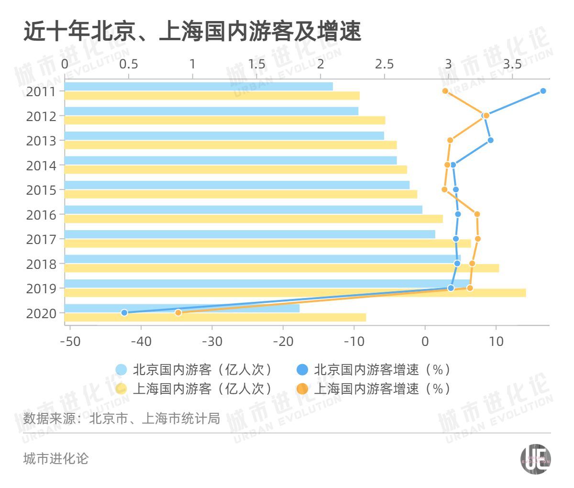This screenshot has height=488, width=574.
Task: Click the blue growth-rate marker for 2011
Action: pyautogui.click(x=543, y=91)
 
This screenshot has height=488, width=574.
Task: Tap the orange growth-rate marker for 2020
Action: pyautogui.click(x=178, y=312)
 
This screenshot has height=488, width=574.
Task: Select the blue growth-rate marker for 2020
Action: pyautogui.click(x=124, y=312)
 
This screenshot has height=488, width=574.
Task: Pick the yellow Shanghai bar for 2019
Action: pyautogui.click(x=295, y=293)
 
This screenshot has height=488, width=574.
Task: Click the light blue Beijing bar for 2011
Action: pyautogui.click(x=199, y=87)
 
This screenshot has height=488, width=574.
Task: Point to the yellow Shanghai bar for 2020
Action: pyautogui.click(x=215, y=317)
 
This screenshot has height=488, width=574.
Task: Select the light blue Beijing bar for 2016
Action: pyautogui.click(x=243, y=210)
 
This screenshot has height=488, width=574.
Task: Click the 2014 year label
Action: pyautogui.click(x=41, y=166)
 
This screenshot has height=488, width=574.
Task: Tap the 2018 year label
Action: pyautogui.click(x=41, y=264)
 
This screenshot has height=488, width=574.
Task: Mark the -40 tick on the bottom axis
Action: pyautogui.click(x=141, y=341)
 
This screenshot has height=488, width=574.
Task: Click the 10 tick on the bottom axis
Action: pyautogui.click(x=496, y=341)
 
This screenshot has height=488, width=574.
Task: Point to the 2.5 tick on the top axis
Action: pyautogui.click(x=384, y=64)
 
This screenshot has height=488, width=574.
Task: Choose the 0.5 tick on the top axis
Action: pyautogui.click(x=128, y=64)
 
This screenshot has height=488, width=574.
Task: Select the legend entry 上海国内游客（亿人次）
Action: pyautogui.click(x=194, y=388)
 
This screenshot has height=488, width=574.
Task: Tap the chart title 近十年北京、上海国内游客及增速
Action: pyautogui.click(x=191, y=32)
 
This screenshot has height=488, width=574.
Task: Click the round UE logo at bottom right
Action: pyautogui.click(x=535, y=460)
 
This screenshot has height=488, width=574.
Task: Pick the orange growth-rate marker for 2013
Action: pyautogui.click(x=450, y=140)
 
